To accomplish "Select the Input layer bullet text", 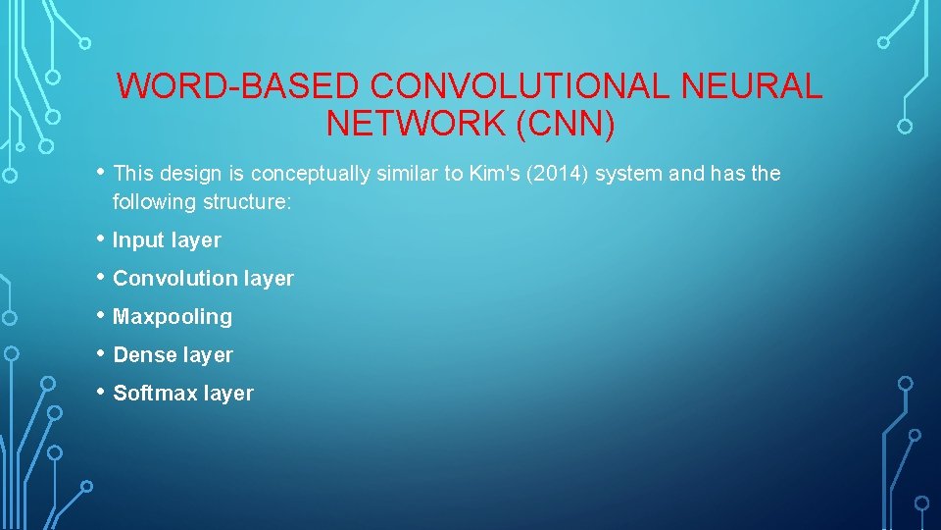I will coord(167,240).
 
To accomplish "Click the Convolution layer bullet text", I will coord(203,279).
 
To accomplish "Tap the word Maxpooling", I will coord(173,317).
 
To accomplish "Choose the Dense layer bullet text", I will coord(173,355).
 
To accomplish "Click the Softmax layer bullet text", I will coord(183,394).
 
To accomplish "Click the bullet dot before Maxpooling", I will coord(100,315).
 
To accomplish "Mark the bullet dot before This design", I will coord(100,172).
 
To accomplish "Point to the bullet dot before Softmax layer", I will coord(100,392).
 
